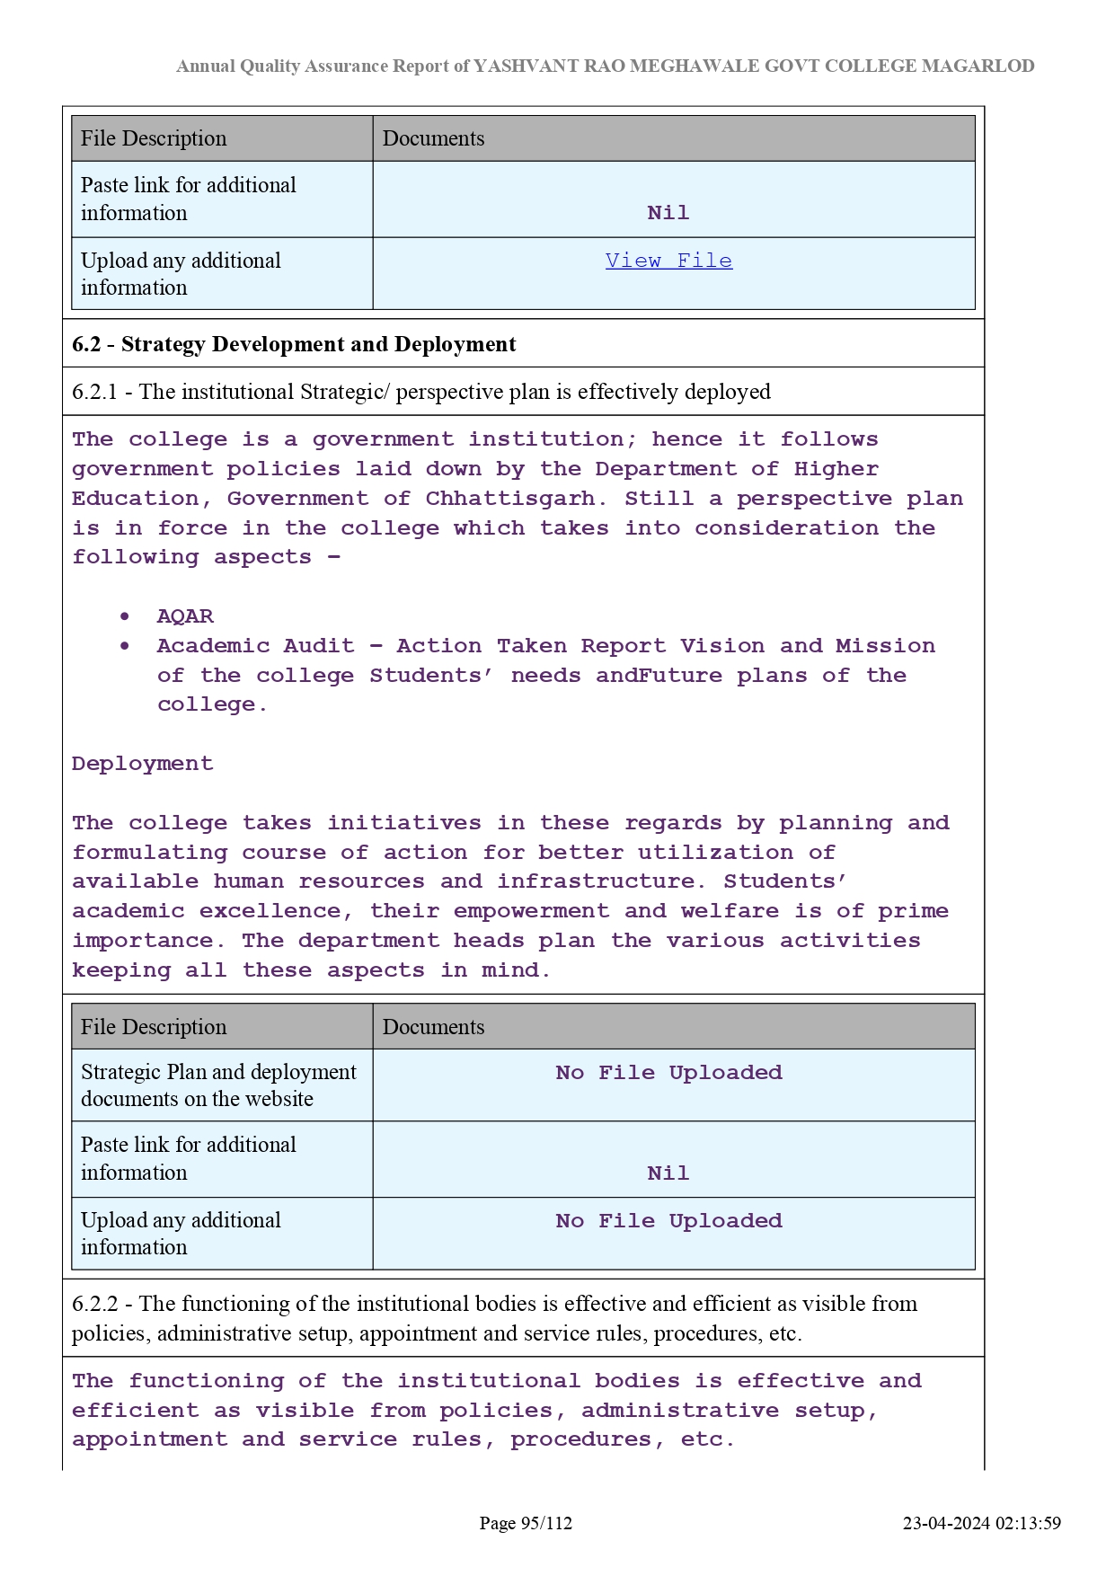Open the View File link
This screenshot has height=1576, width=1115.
coord(668,261)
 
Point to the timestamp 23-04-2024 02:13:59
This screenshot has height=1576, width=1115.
coord(981,1523)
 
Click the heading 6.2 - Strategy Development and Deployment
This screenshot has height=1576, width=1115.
coord(294,344)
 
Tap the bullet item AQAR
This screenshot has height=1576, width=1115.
coord(185,616)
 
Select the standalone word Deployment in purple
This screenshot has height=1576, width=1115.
coord(143,764)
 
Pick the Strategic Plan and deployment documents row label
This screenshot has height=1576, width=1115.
coord(218,1085)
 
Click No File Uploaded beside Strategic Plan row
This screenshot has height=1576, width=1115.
coord(668,1073)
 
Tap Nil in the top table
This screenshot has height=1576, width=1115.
coord(668,213)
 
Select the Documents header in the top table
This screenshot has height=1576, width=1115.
coord(433,138)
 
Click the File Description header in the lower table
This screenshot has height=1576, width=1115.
coord(154,1027)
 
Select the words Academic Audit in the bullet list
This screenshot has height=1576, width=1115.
coord(256,646)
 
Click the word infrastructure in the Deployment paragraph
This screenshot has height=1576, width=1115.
coord(597,881)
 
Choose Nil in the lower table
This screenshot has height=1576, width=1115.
coord(668,1173)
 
